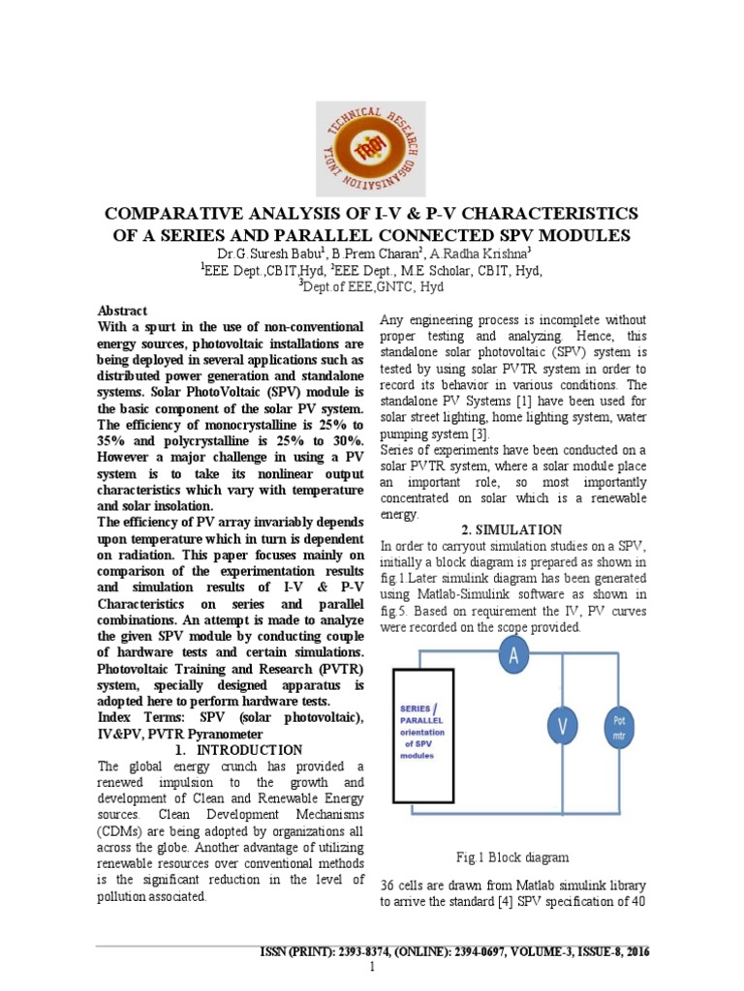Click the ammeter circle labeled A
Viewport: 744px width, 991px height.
tap(512, 658)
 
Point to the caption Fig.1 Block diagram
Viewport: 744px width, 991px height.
tap(511, 856)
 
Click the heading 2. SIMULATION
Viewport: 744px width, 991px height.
tap(512, 529)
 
